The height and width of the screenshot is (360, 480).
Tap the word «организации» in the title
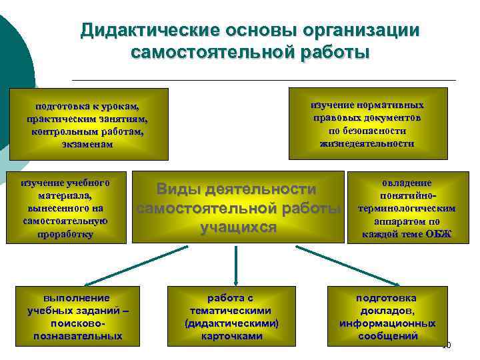pyautogui.click(x=363, y=31)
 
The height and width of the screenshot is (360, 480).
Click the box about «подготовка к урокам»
pyautogui.click(x=87, y=125)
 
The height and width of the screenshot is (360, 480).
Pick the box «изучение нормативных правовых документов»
pyautogui.click(x=367, y=124)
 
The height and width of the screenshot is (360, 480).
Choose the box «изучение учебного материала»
pyautogui.click(x=65, y=207)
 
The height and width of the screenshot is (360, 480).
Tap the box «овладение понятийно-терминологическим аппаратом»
pyautogui.click(x=407, y=207)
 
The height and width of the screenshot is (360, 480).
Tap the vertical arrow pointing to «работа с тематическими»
pyautogui.click(x=236, y=263)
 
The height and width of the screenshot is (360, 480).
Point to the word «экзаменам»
pyautogui.click(x=87, y=144)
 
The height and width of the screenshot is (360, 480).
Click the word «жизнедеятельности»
pyautogui.click(x=367, y=143)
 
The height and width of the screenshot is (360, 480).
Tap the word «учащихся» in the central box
pyautogui.click(x=239, y=227)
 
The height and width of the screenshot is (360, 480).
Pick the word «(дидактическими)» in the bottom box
pyautogui.click(x=231, y=323)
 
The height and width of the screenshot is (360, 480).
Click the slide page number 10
pyautogui.click(x=446, y=345)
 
